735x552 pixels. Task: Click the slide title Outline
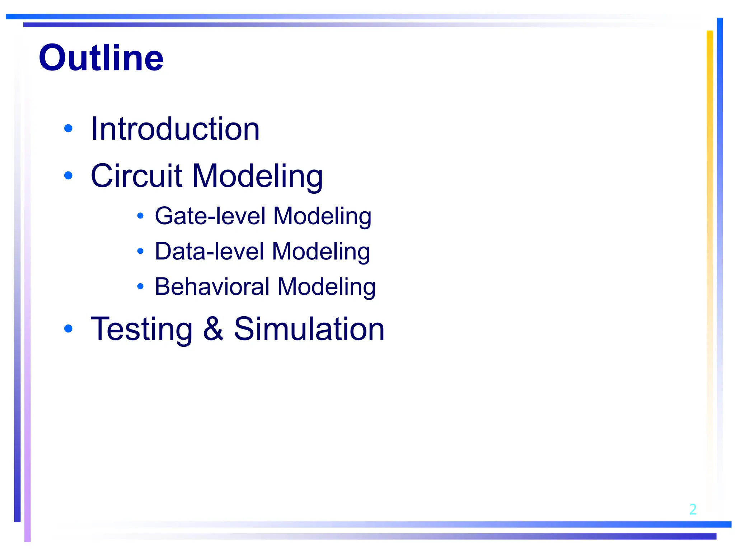pyautogui.click(x=101, y=58)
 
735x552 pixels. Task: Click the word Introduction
pyautogui.click(x=175, y=129)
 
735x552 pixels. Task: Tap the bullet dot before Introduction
pyautogui.click(x=68, y=128)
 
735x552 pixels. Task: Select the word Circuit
pyautogui.click(x=136, y=176)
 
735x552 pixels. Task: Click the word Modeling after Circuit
pyautogui.click(x=257, y=176)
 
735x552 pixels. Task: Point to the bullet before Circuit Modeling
pyautogui.click(x=68, y=175)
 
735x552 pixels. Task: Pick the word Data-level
pyautogui.click(x=209, y=251)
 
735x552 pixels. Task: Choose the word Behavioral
pyautogui.click(x=212, y=286)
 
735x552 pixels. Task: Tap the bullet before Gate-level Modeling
pyautogui.click(x=140, y=216)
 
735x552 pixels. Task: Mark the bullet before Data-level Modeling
pyautogui.click(x=140, y=251)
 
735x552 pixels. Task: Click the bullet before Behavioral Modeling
pyautogui.click(x=140, y=286)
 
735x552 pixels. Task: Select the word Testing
pyautogui.click(x=142, y=329)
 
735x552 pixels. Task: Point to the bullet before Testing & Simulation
pyautogui.click(x=68, y=328)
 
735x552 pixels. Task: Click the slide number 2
pyautogui.click(x=693, y=509)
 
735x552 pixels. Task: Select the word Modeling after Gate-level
pyautogui.click(x=322, y=217)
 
